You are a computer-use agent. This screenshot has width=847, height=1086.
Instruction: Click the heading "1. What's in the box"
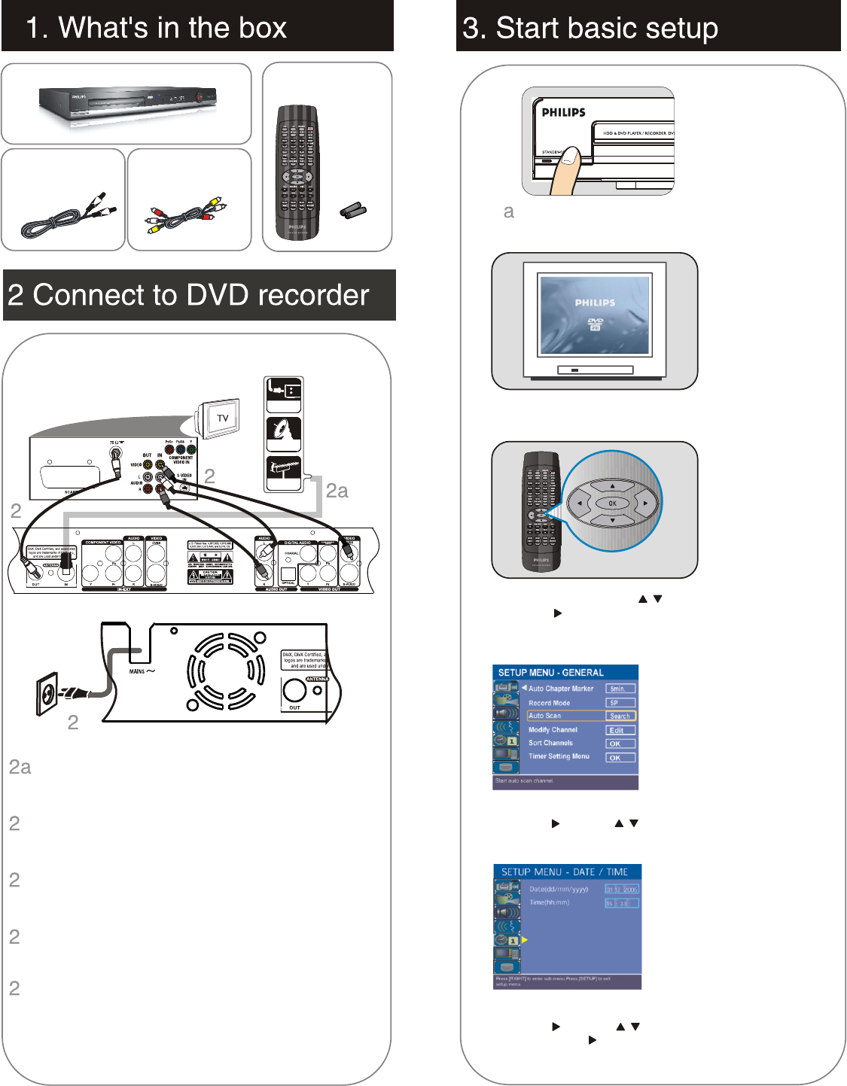156,28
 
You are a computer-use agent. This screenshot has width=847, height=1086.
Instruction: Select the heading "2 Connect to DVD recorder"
188,295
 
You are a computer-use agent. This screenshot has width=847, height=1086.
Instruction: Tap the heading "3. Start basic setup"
590,29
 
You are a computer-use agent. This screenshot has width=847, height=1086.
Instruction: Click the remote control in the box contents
297,172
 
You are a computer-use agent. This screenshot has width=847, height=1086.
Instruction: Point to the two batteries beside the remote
353,210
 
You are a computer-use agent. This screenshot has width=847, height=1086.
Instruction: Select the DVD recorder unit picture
128,103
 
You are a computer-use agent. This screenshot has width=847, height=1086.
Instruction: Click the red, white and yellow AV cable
186,213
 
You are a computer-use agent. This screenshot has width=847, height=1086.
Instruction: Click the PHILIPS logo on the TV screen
595,303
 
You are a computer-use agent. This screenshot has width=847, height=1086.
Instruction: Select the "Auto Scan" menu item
545,716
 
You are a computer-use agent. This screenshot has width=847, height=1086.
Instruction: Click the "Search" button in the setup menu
620,716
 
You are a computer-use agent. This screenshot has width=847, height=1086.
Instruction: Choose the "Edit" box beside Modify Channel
620,730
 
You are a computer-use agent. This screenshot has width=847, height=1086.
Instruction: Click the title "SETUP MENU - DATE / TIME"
565,872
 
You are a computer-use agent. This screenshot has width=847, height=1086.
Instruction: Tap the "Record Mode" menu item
550,703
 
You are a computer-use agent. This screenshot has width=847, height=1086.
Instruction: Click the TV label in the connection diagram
223,418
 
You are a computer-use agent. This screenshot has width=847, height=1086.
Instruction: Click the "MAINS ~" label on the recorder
142,671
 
